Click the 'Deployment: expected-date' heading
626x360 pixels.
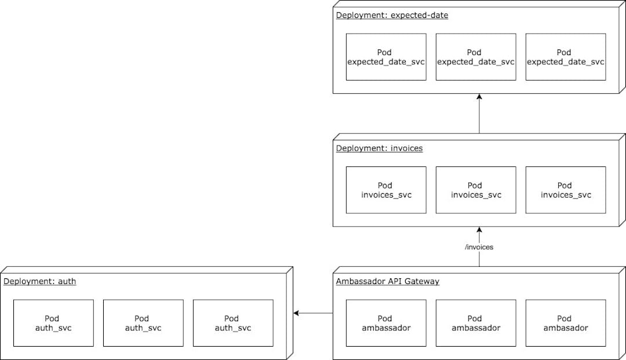coord(392,15)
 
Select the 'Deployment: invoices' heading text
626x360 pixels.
coord(379,148)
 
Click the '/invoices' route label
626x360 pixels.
coord(479,247)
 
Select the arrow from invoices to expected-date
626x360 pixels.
coord(479,114)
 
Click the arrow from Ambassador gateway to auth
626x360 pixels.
coord(313,314)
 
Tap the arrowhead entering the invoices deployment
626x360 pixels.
coord(479,230)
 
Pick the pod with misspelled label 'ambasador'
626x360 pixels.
coord(565,323)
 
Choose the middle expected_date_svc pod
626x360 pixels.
coord(475,57)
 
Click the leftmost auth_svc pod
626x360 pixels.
coord(53,323)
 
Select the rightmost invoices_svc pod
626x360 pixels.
coord(565,190)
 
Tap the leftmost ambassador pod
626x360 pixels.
coord(385,323)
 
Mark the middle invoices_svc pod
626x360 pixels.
coord(475,190)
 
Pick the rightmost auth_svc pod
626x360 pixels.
coord(232,323)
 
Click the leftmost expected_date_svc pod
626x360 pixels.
coord(385,57)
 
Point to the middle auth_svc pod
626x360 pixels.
coord(143,323)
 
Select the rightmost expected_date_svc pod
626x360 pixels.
coord(565,57)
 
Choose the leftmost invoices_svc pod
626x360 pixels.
coord(385,190)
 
